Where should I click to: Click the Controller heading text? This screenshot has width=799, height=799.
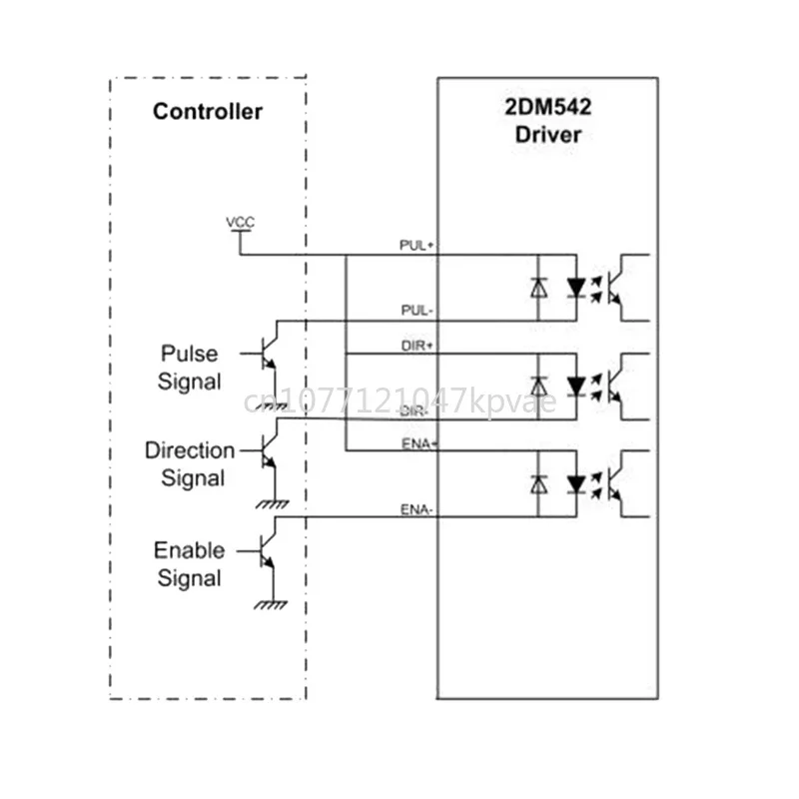208,111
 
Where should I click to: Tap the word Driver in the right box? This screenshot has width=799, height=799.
547,135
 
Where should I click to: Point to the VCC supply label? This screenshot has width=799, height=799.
241,222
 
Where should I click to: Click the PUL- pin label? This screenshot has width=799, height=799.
415,311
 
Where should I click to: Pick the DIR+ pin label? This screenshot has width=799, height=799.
415,345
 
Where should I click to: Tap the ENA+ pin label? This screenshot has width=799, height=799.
415,443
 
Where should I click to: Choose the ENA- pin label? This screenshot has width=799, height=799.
415,509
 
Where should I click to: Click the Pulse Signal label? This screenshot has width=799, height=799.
191,368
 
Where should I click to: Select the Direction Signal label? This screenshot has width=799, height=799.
190,464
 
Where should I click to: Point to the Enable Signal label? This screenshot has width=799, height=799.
189,563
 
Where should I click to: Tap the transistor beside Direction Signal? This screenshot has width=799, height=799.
268,455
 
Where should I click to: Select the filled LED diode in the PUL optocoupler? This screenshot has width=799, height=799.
575,288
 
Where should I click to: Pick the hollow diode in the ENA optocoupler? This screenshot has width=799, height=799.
538,484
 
